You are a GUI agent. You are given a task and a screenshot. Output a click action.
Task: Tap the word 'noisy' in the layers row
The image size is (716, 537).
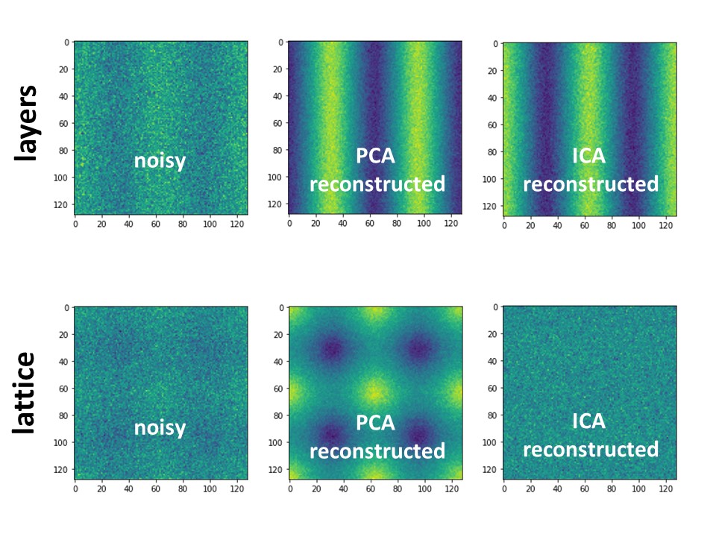(x=160, y=160)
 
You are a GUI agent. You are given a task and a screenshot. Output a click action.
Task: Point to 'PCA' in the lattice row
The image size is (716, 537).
(x=377, y=424)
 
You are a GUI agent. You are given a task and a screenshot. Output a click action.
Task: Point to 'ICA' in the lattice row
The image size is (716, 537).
(x=590, y=422)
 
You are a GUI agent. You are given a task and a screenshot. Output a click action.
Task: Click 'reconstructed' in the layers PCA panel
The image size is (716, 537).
(x=377, y=183)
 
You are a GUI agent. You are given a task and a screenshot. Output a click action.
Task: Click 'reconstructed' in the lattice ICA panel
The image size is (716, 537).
(x=590, y=449)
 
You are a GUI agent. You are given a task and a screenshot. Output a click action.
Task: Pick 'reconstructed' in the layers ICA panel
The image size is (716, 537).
(x=590, y=183)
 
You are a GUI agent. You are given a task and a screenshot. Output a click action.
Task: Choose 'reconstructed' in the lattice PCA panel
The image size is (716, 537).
(x=377, y=451)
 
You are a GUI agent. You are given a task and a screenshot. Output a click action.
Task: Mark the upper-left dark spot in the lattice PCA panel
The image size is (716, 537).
(x=333, y=348)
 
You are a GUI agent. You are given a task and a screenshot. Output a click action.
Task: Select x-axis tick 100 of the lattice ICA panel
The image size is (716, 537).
(x=638, y=489)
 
